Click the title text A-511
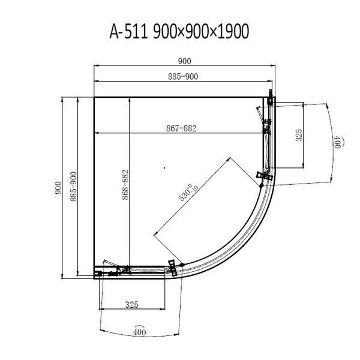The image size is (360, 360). tap(128, 31)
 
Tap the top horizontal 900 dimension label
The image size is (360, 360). tap(185, 61)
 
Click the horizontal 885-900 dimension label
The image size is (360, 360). tap(183, 76)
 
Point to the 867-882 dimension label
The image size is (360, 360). tap(181, 128)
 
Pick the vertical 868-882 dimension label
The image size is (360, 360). tap(125, 185)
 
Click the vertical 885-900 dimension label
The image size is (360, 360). tap(73, 187)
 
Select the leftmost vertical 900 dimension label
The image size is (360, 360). tap(58, 188)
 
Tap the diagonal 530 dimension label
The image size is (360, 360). tap(188, 193)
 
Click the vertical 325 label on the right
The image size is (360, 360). tap(299, 135)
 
